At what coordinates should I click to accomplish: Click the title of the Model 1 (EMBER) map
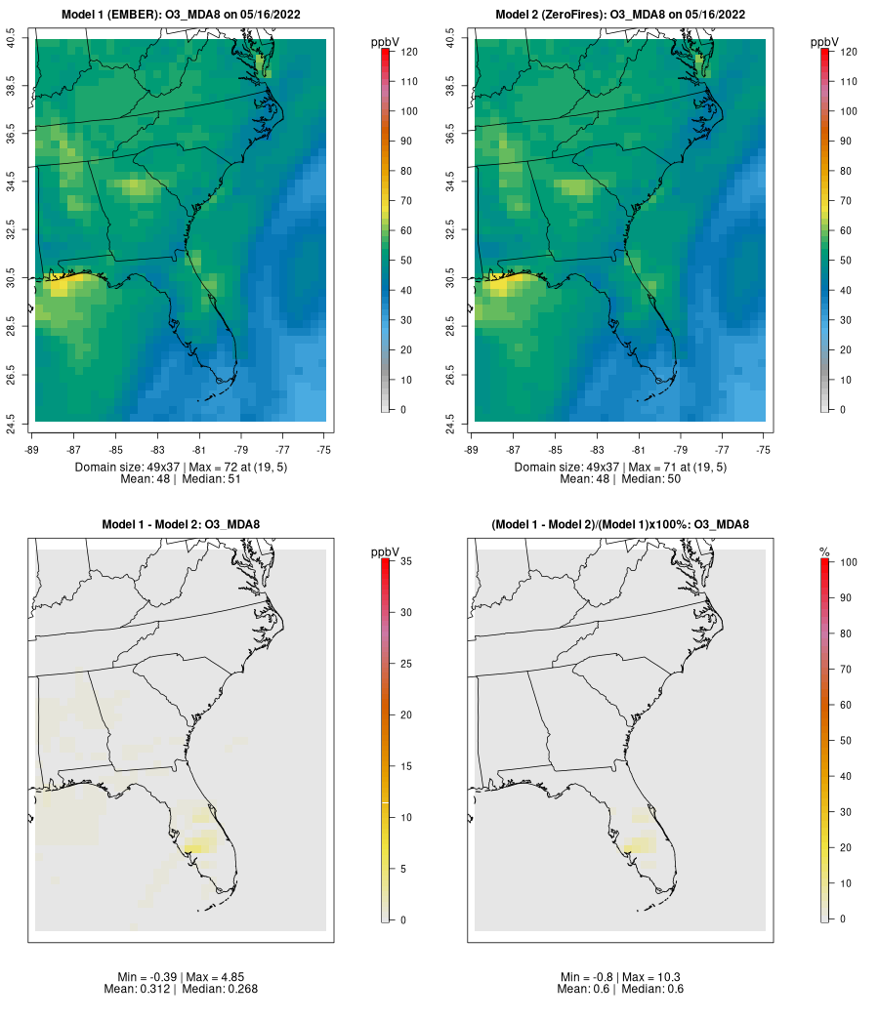(x=181, y=15)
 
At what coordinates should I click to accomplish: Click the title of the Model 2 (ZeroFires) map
(x=620, y=15)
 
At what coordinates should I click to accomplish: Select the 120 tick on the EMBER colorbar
(x=409, y=52)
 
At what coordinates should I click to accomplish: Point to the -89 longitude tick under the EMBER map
(x=32, y=450)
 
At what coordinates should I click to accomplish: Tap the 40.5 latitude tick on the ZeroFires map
(x=450, y=38)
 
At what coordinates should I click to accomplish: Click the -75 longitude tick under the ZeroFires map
(x=764, y=450)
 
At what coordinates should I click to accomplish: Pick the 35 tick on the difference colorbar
(x=405, y=560)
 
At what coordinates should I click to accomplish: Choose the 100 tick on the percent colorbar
(x=849, y=562)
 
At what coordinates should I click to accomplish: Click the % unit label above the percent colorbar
(x=824, y=551)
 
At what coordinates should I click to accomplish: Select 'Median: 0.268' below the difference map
(x=220, y=989)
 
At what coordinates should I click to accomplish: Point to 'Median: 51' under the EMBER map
(x=212, y=479)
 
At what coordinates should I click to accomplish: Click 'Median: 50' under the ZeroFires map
(x=651, y=479)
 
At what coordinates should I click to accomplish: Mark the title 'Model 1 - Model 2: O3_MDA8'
(x=181, y=524)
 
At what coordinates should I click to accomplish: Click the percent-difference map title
(x=620, y=524)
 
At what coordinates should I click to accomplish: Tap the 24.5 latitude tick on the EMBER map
(x=11, y=425)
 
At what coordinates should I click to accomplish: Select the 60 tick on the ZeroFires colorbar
(x=846, y=230)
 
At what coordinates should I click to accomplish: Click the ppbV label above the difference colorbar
(x=385, y=551)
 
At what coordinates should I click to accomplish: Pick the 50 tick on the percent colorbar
(x=846, y=740)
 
